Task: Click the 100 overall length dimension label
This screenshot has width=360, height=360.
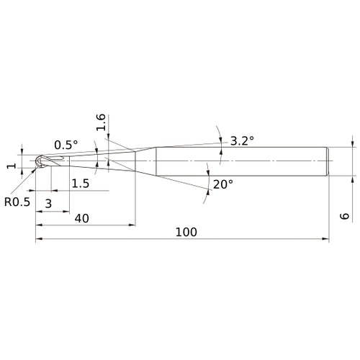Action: click(x=186, y=232)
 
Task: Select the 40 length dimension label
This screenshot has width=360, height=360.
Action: click(x=82, y=218)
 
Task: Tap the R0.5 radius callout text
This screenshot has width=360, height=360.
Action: click(x=17, y=202)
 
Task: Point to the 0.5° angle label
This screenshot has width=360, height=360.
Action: click(x=66, y=145)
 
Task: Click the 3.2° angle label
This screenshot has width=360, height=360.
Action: click(x=242, y=141)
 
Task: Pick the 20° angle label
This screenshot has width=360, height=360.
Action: click(x=223, y=184)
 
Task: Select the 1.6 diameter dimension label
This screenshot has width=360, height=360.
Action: click(x=101, y=122)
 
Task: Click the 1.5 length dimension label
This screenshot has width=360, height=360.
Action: click(x=81, y=184)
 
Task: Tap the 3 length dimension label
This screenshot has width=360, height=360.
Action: click(x=48, y=204)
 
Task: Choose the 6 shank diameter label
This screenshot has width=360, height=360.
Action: click(x=345, y=216)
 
